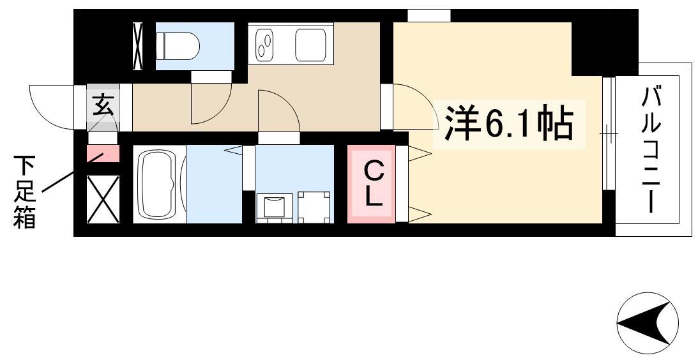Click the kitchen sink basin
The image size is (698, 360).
pyautogui.click(x=311, y=45)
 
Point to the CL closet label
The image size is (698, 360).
pyautogui.click(x=374, y=183)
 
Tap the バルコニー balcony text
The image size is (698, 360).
pyautogui.click(x=650, y=150)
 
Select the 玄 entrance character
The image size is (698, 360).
pyautogui.click(x=103, y=107)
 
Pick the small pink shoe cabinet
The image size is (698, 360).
pyautogui.click(x=103, y=154)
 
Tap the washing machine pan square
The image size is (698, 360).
pyautogui.click(x=314, y=207)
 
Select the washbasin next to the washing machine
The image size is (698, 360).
pyautogui.click(x=275, y=207)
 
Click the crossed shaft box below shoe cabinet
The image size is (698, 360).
pyautogui.click(x=103, y=199)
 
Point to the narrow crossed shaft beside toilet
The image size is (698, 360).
pyautogui.click(x=138, y=46)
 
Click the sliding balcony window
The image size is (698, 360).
pyautogui.click(x=609, y=133)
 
